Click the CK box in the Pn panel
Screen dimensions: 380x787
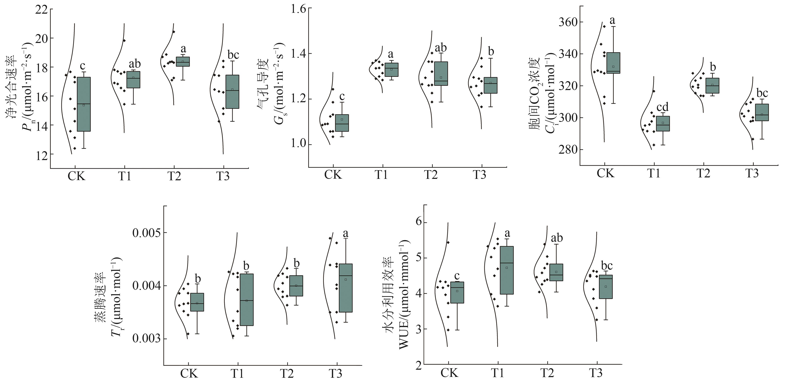click(x=84, y=104)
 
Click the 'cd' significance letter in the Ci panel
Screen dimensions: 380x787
click(x=663, y=107)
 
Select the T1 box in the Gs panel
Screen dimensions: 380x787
click(x=391, y=70)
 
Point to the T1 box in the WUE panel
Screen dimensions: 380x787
click(x=507, y=270)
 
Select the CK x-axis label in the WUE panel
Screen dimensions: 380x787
click(x=449, y=373)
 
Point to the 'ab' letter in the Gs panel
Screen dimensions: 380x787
click(x=441, y=48)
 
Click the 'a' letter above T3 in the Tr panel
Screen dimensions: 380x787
click(x=345, y=234)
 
